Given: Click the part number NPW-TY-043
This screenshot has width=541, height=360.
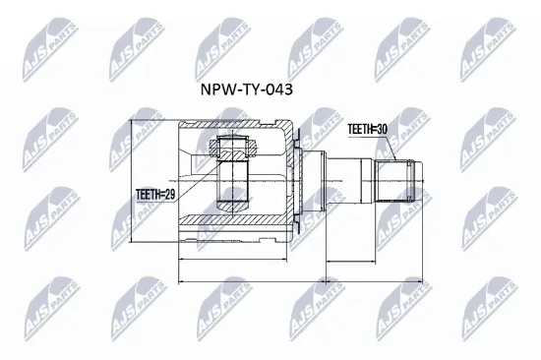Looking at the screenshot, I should pos(245,88).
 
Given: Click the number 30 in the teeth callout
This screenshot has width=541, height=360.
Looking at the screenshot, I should pos(382,128).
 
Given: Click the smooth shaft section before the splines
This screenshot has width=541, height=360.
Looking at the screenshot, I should pos(349,181).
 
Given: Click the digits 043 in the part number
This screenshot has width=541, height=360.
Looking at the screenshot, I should pos(278,88).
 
